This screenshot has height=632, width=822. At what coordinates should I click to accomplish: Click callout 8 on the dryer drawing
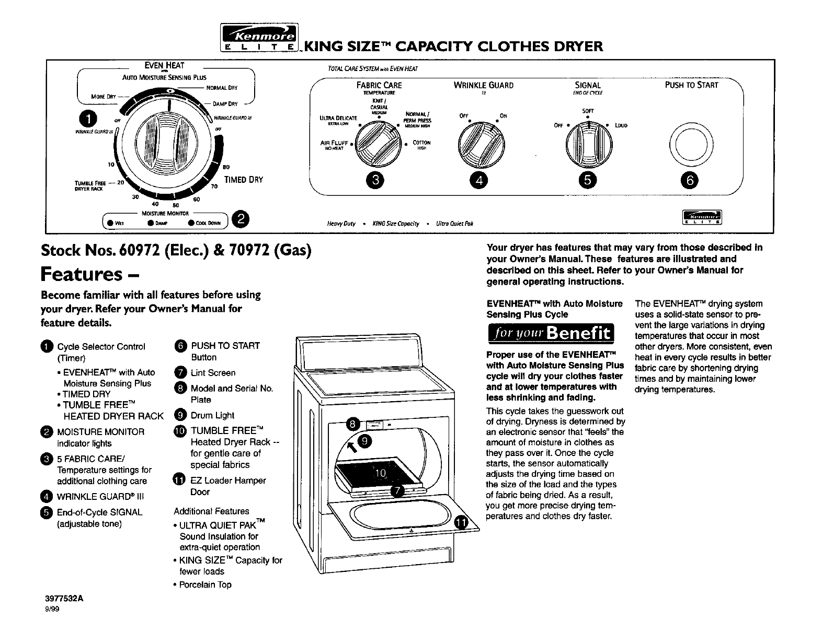[353, 424]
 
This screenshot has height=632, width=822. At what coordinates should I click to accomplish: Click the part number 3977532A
[62, 600]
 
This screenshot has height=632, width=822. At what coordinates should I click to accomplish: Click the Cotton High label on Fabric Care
[421, 145]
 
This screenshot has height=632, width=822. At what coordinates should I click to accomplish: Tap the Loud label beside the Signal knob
[621, 125]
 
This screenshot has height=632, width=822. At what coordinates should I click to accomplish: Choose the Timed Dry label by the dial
[243, 180]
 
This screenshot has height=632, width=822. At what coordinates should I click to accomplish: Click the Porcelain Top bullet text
[205, 584]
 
